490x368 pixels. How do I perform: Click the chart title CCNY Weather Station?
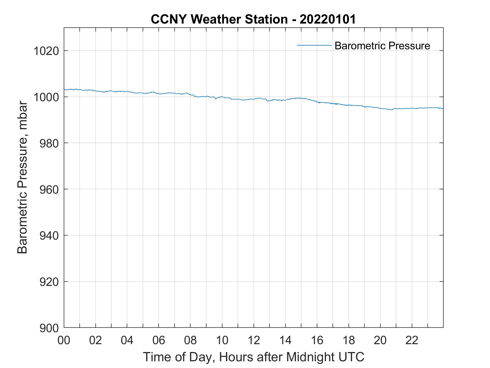click(219, 19)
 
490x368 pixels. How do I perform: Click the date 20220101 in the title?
click(328, 19)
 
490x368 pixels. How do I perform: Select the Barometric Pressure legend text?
click(382, 46)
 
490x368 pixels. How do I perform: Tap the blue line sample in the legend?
click(314, 45)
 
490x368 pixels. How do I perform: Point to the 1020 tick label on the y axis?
click(46, 51)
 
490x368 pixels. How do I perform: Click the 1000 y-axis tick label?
click(46, 97)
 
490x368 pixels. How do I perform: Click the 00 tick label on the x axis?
click(64, 340)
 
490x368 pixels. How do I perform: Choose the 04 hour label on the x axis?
click(127, 340)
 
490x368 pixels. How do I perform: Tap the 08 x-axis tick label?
click(190, 340)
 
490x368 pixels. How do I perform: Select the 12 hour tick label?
click(254, 340)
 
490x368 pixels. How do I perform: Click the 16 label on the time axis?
click(317, 340)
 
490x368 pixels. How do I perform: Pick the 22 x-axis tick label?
click(412, 340)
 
